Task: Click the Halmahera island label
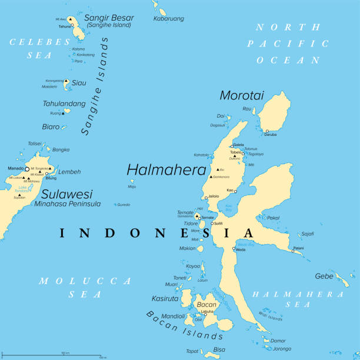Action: pyautogui.click(x=162, y=170)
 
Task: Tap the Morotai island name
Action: pyautogui.click(x=241, y=95)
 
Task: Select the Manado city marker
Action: pyautogui.click(x=27, y=169)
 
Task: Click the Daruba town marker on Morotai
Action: pyautogui.click(x=266, y=131)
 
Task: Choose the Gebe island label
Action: pyautogui.click(x=324, y=276)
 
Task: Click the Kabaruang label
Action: pyautogui.click(x=168, y=19)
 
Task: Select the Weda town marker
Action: pyautogui.click(x=234, y=249)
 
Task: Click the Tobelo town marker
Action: pyautogui.click(x=243, y=154)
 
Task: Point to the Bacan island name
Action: pyautogui.click(x=206, y=305)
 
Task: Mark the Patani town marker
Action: pyautogui.click(x=293, y=251)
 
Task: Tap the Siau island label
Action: pyautogui.click(x=79, y=84)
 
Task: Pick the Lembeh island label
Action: pyautogui.click(x=70, y=172)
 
